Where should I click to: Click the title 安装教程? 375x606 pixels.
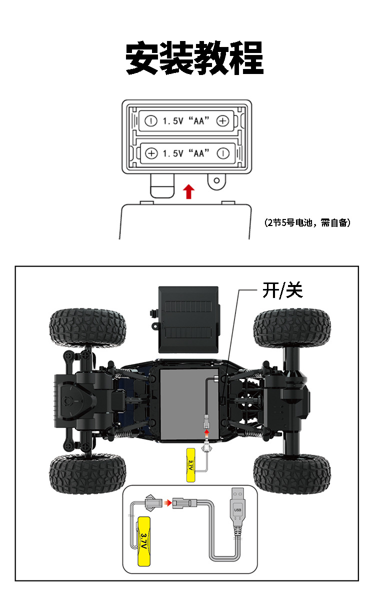194,58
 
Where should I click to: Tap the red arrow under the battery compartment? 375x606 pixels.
188,191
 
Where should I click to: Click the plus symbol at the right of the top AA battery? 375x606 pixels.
222,120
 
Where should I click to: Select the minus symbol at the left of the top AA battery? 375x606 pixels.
151,120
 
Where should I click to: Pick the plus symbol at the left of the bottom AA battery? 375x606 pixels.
151,153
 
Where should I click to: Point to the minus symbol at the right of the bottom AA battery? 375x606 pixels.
223,153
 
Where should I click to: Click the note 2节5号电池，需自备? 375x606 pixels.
307,222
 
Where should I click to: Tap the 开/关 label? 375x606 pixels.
282,290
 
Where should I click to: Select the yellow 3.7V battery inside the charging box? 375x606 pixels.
144,541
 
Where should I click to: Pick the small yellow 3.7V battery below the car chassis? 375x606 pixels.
190,465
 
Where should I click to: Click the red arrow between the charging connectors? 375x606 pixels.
167,503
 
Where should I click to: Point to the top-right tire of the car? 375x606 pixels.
292,328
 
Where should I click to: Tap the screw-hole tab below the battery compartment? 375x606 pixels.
216,181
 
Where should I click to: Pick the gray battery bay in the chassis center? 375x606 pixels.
189,404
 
